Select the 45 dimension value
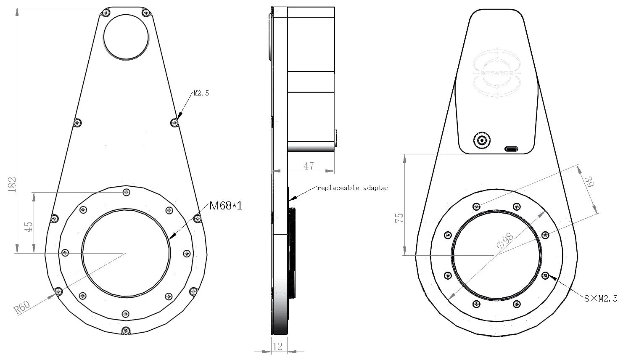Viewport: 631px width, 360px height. click(x=28, y=227)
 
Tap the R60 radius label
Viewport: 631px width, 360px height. click(x=22, y=307)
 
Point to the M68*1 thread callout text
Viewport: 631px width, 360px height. click(x=226, y=206)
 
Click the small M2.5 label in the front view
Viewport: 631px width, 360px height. click(x=201, y=93)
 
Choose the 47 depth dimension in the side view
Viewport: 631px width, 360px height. click(x=309, y=166)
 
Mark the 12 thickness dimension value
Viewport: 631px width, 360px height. click(x=278, y=347)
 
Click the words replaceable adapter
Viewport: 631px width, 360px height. click(x=353, y=188)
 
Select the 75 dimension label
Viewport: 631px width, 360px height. click(x=399, y=217)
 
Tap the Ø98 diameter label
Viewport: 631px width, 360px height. click(x=505, y=241)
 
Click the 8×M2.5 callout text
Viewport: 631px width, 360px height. click(x=601, y=299)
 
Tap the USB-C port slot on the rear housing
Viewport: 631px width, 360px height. click(x=511, y=148)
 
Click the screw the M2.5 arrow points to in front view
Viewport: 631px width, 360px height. click(x=174, y=122)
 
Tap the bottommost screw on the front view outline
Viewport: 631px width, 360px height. click(x=125, y=331)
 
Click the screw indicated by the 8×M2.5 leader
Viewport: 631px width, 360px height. click(x=546, y=276)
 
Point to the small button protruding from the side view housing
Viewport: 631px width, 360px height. click(x=336, y=139)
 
